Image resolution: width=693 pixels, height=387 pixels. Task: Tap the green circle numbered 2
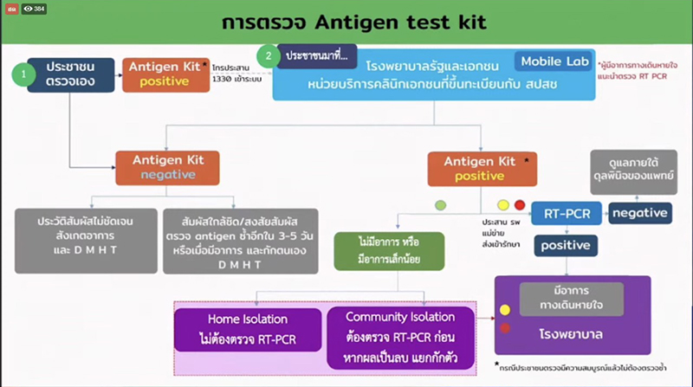[x=271, y=55]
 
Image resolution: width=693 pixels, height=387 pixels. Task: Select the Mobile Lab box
[x=554, y=61]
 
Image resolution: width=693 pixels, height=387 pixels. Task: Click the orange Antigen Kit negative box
[x=170, y=167]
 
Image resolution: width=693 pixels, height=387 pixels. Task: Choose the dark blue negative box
[x=640, y=212]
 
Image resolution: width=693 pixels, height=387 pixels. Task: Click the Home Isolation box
[x=247, y=327]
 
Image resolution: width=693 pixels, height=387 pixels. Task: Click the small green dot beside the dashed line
[x=440, y=204]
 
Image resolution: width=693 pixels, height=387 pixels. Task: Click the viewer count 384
[x=35, y=8]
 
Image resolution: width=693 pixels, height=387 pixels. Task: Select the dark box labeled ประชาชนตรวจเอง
[x=70, y=75]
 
